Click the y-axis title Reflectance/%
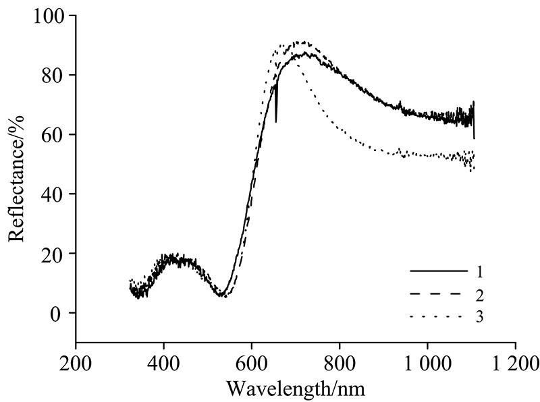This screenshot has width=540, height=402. [16, 177]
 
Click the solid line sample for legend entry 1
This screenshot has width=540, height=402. [438, 270]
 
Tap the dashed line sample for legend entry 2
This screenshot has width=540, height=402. [438, 293]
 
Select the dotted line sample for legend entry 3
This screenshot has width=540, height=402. [438, 316]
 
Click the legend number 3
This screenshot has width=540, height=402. [480, 316]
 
